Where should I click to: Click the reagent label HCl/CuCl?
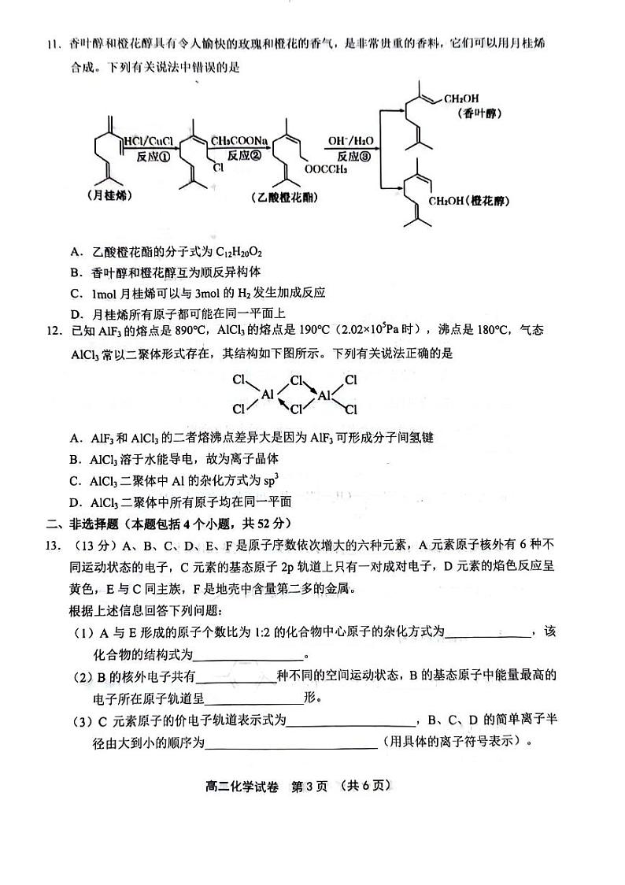[x=150, y=141]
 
